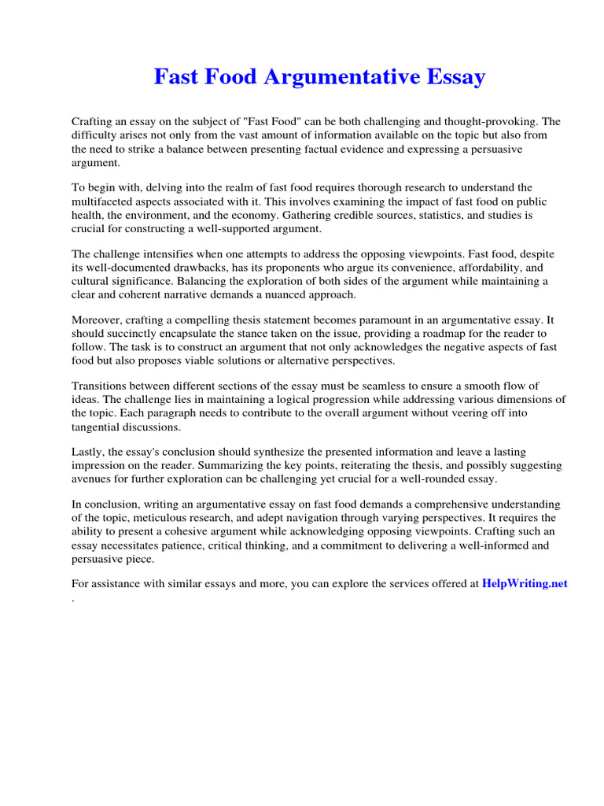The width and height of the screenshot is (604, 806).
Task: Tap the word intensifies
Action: point(171,254)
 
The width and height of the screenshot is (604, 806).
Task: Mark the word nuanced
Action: point(278,294)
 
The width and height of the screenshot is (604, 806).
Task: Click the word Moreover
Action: point(98,320)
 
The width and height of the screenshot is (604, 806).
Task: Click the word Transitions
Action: point(102,386)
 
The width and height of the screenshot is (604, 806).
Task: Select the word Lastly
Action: point(89,453)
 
